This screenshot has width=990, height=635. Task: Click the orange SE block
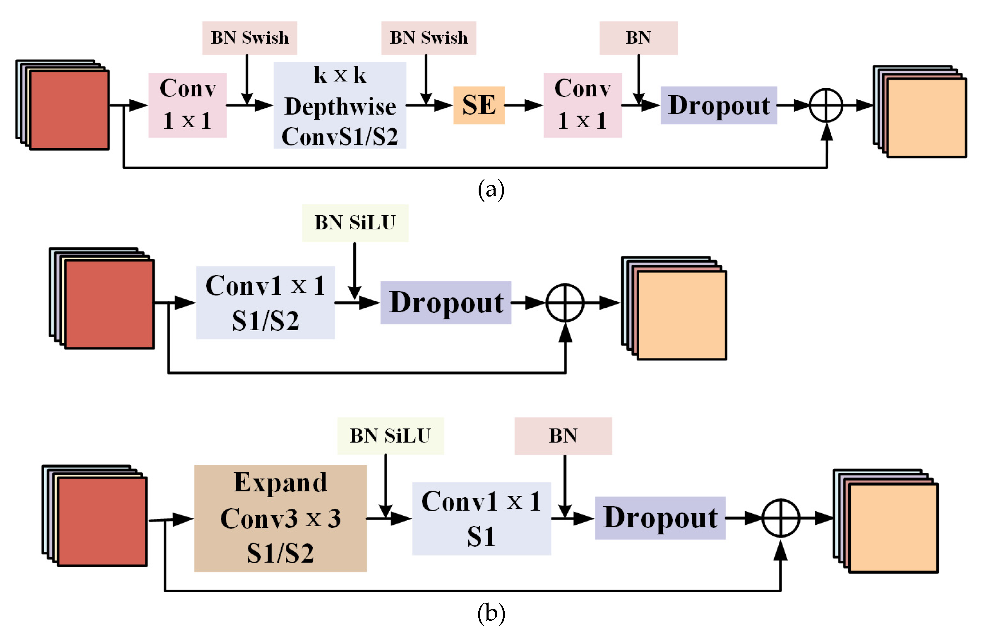pyautogui.click(x=479, y=105)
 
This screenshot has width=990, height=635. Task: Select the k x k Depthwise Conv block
pyautogui.click(x=340, y=106)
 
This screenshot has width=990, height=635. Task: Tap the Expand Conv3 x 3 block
pyautogui.click(x=280, y=518)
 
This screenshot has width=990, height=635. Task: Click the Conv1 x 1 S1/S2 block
pyautogui.click(x=265, y=303)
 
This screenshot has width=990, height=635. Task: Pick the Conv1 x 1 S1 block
pyautogui.click(x=481, y=518)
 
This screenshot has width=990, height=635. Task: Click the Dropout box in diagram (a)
pyautogui.click(x=718, y=105)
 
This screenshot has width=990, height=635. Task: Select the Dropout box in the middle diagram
pyautogui.click(x=446, y=303)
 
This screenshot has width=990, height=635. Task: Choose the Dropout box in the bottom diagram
pyautogui.click(x=660, y=518)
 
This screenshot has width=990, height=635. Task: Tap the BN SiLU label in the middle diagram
pyautogui.click(x=355, y=223)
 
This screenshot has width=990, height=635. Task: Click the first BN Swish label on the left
pyautogui.click(x=249, y=38)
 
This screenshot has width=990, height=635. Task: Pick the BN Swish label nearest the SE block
pyautogui.click(x=428, y=38)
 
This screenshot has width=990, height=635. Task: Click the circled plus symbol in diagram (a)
pyautogui.click(x=826, y=105)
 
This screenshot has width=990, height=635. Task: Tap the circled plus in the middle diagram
pyautogui.click(x=565, y=303)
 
